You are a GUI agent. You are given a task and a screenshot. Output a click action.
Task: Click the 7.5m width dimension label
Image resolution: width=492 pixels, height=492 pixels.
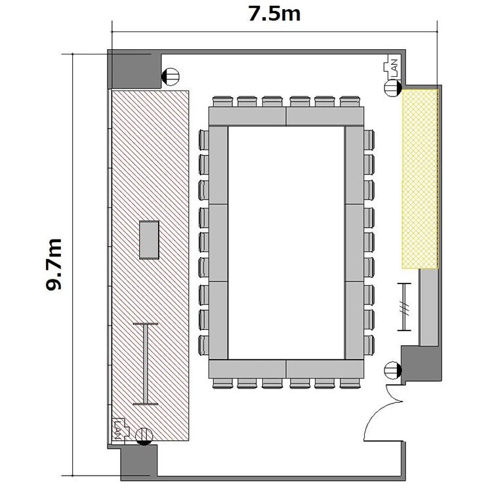[274, 14]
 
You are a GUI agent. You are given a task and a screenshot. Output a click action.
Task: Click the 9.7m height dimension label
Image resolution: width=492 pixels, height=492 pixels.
[53, 264]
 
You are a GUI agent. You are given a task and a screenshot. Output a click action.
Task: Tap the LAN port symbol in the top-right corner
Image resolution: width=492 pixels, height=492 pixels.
[391, 67]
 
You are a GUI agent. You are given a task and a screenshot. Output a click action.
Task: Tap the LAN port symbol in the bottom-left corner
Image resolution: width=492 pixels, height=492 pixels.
[121, 430]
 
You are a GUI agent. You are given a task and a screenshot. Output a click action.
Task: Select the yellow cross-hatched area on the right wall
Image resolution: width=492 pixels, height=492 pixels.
[420, 179]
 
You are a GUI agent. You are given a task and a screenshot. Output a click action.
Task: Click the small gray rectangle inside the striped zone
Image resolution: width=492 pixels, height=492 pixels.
[149, 240]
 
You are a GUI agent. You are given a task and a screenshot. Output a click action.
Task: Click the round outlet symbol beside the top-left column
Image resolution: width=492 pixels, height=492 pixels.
[170, 77]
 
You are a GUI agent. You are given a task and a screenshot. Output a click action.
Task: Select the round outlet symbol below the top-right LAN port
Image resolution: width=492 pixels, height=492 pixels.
[392, 88]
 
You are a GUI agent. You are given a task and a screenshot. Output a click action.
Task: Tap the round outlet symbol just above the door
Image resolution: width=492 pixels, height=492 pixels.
[392, 370]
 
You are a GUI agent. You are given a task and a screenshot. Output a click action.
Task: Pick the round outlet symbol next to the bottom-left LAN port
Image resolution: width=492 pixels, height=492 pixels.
[144, 436]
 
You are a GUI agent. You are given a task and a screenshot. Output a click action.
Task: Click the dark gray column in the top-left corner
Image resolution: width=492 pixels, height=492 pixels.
[134, 69]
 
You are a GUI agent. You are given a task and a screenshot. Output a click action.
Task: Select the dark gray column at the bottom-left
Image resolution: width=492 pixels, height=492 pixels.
[139, 462]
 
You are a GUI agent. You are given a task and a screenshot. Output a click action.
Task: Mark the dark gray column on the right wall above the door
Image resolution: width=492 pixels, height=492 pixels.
[421, 364]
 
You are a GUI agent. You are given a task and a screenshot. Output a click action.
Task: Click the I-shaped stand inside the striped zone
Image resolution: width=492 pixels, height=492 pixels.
[146, 363]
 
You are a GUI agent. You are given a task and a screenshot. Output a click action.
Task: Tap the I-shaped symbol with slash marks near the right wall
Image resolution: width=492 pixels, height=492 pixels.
[404, 307]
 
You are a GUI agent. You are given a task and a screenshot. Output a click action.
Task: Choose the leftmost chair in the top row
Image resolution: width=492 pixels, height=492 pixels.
[222, 101]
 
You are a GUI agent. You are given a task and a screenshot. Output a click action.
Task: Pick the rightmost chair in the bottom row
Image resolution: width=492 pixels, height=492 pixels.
[350, 384]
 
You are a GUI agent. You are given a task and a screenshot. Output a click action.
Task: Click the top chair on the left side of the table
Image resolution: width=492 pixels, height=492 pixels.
[203, 140]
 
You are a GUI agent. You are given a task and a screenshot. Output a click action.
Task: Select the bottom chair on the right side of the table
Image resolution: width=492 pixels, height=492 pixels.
[369, 345]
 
